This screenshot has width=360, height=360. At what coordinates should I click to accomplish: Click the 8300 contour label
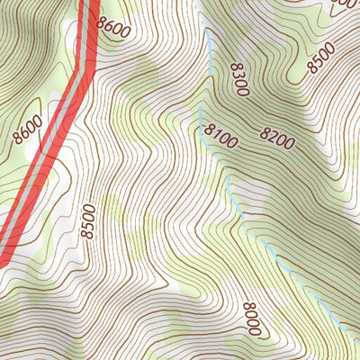[238, 80]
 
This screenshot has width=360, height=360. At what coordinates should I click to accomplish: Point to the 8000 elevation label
[251, 319]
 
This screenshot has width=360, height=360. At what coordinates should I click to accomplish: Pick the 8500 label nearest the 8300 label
[319, 57]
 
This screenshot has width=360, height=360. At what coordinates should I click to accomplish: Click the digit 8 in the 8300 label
[236, 67]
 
